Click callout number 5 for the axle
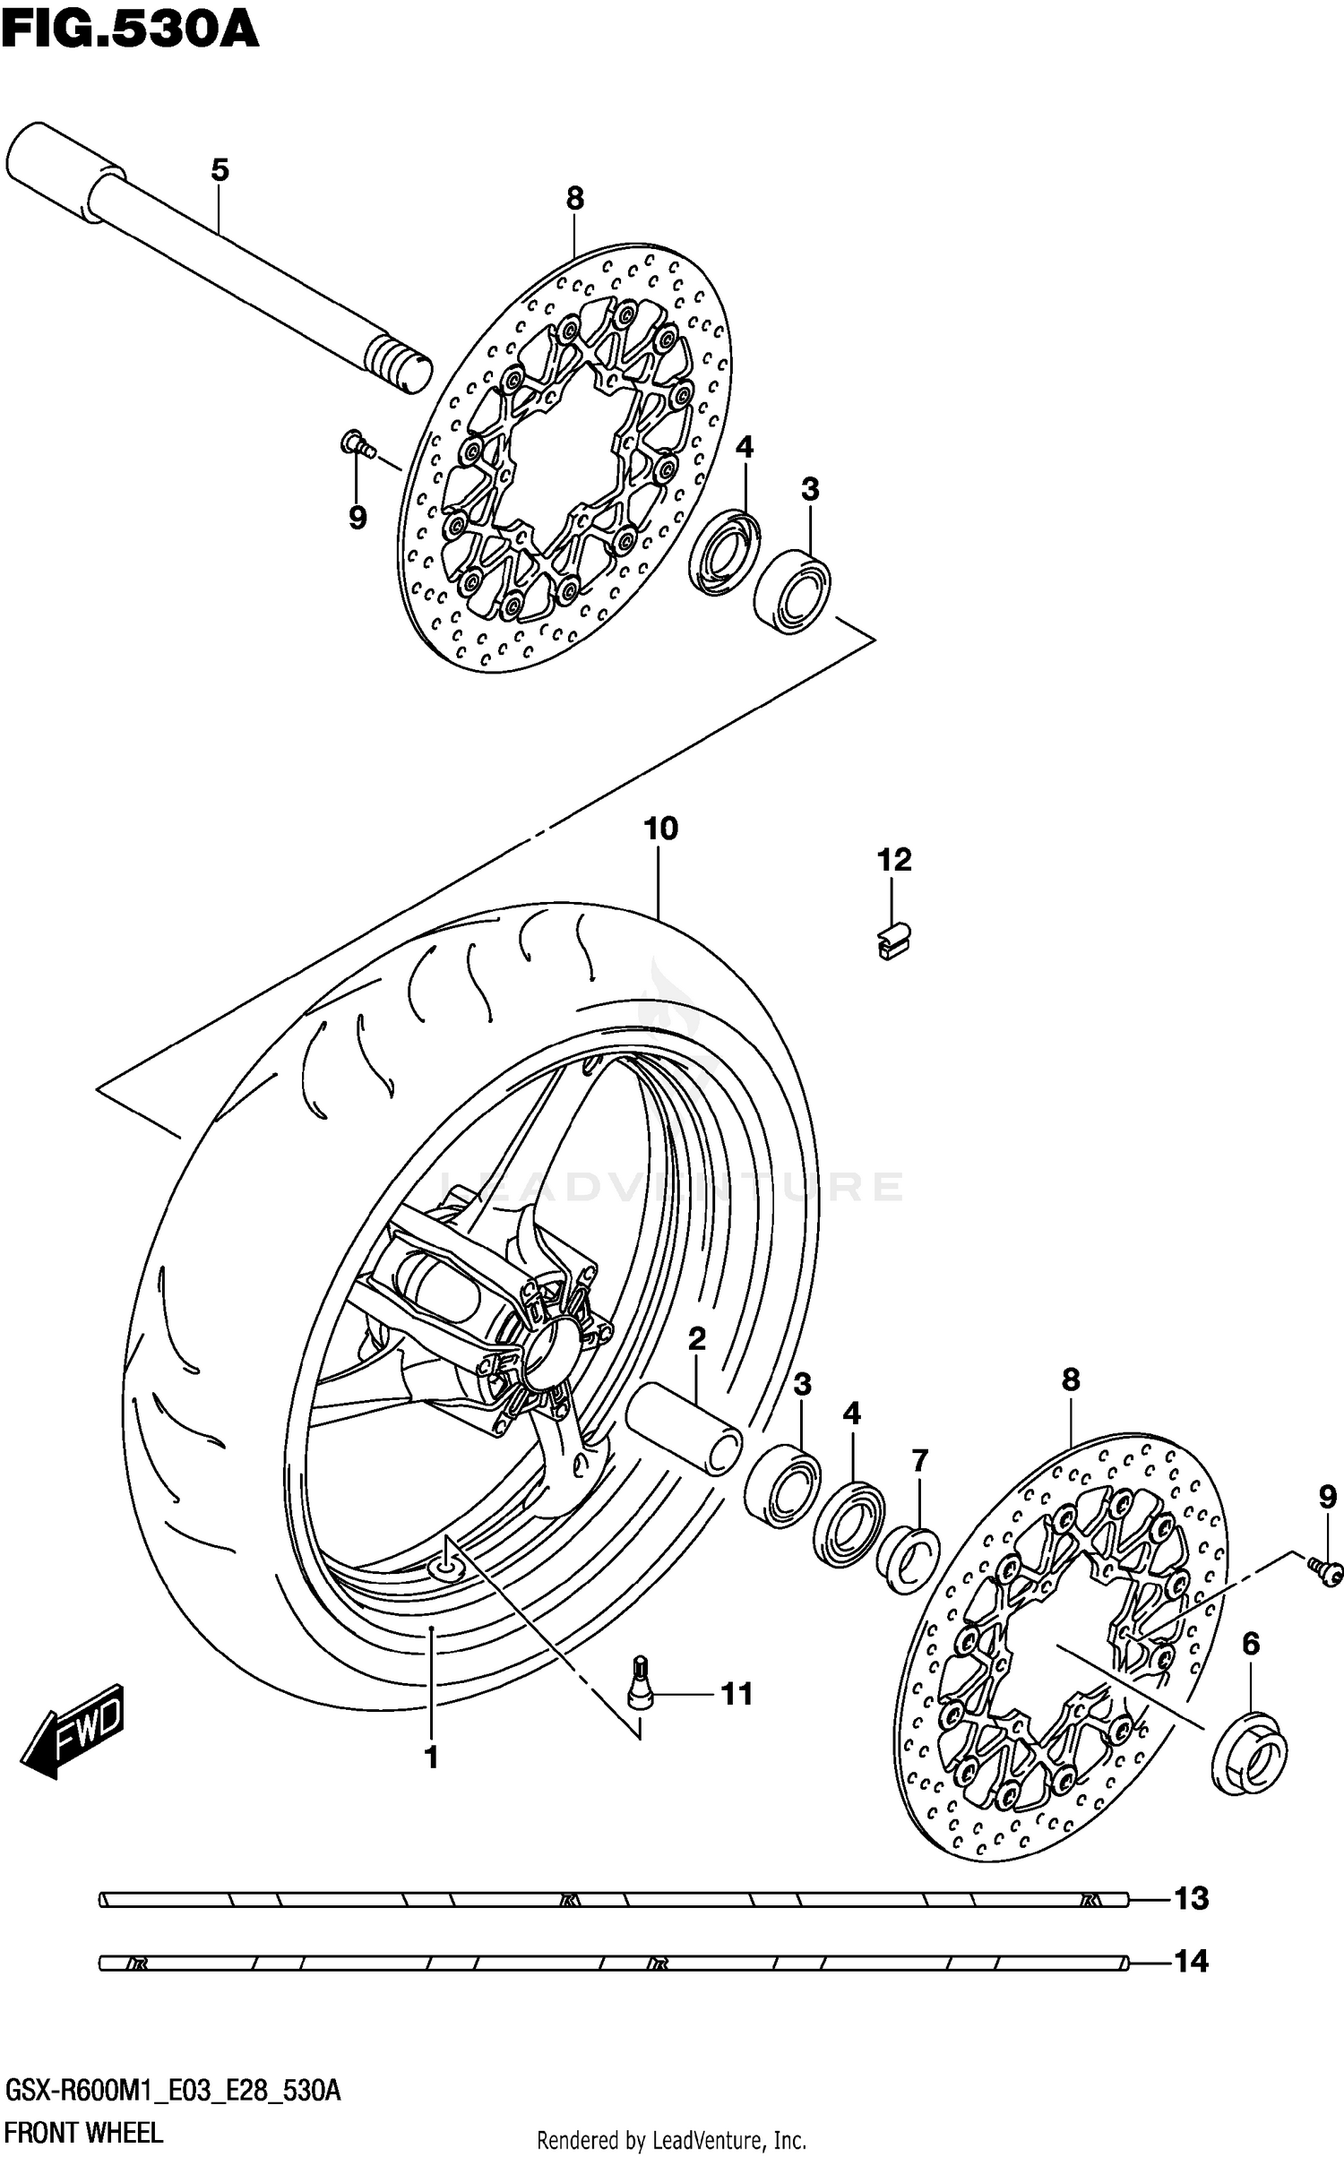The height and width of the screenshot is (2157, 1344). tap(220, 170)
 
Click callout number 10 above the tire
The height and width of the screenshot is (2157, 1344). tap(661, 829)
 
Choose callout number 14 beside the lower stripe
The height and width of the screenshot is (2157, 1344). tap(1192, 1962)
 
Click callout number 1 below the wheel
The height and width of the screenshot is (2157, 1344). tap(431, 1758)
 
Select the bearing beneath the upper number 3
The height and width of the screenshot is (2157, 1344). tap(792, 591)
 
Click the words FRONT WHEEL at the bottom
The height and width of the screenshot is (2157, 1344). tap(84, 2133)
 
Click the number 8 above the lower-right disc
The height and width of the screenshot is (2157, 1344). tap(1071, 1380)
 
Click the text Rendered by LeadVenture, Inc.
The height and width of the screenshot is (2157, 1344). tap(671, 2141)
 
